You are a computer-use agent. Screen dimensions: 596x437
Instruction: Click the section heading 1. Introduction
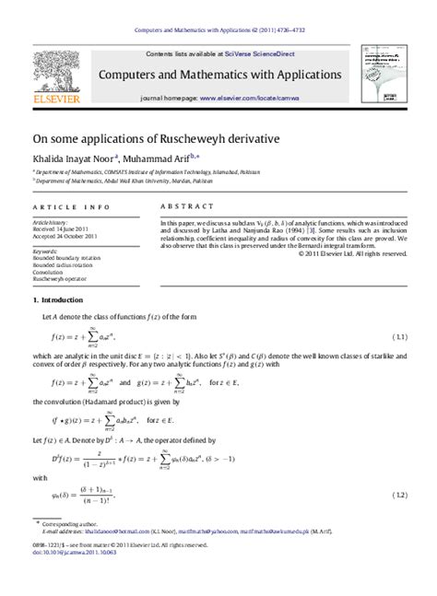58,301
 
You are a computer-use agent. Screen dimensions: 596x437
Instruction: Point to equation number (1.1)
399,337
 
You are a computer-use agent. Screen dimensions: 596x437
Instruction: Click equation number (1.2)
399,496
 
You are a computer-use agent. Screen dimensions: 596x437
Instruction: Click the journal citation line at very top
219,30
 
